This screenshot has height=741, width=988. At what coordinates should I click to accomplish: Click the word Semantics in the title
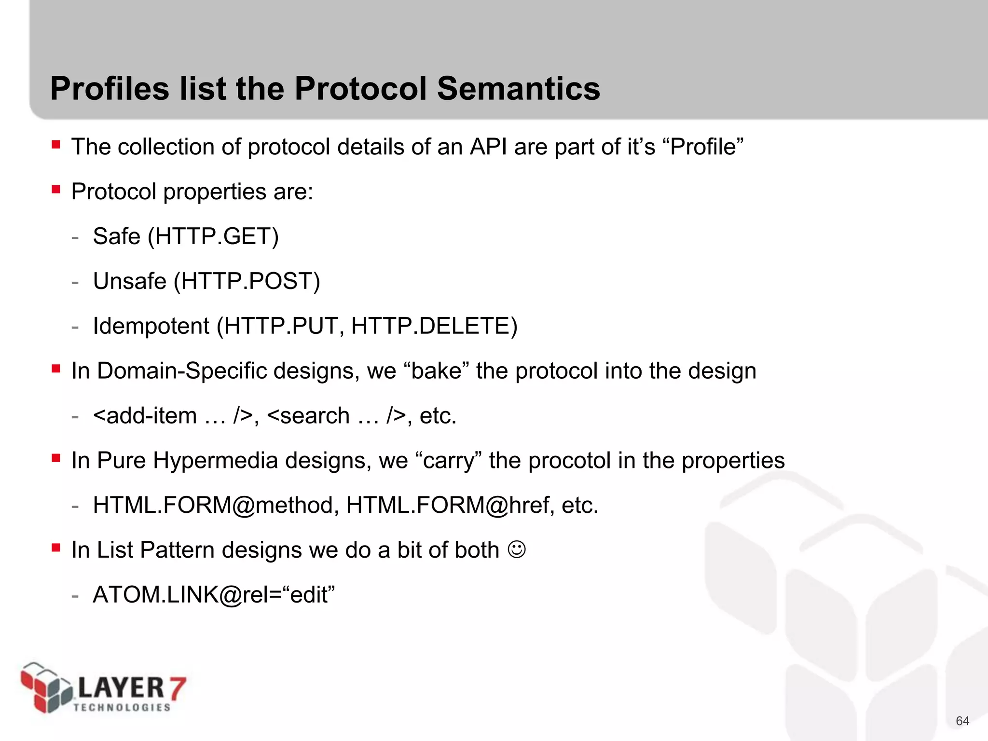pyautogui.click(x=518, y=89)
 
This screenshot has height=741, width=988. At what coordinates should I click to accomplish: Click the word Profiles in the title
pyautogui.click(x=110, y=89)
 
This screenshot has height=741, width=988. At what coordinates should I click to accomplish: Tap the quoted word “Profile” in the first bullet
pyautogui.click(x=703, y=147)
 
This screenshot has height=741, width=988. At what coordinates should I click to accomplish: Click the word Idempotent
pyautogui.click(x=151, y=326)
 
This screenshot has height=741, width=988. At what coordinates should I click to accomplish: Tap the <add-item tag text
pyautogui.click(x=145, y=416)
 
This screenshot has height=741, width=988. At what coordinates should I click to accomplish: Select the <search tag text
pyautogui.click(x=308, y=416)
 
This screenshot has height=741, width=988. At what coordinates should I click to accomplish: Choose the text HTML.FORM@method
pyautogui.click(x=212, y=506)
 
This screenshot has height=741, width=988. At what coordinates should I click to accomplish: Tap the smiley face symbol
pyautogui.click(x=517, y=549)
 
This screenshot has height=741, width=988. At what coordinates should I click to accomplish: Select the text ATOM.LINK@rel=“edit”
pyautogui.click(x=214, y=595)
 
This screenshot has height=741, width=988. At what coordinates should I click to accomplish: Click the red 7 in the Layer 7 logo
pyautogui.click(x=176, y=687)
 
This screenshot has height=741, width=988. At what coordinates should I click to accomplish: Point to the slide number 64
pyautogui.click(x=962, y=721)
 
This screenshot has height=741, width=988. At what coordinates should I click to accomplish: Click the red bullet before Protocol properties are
pyautogui.click(x=56, y=189)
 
